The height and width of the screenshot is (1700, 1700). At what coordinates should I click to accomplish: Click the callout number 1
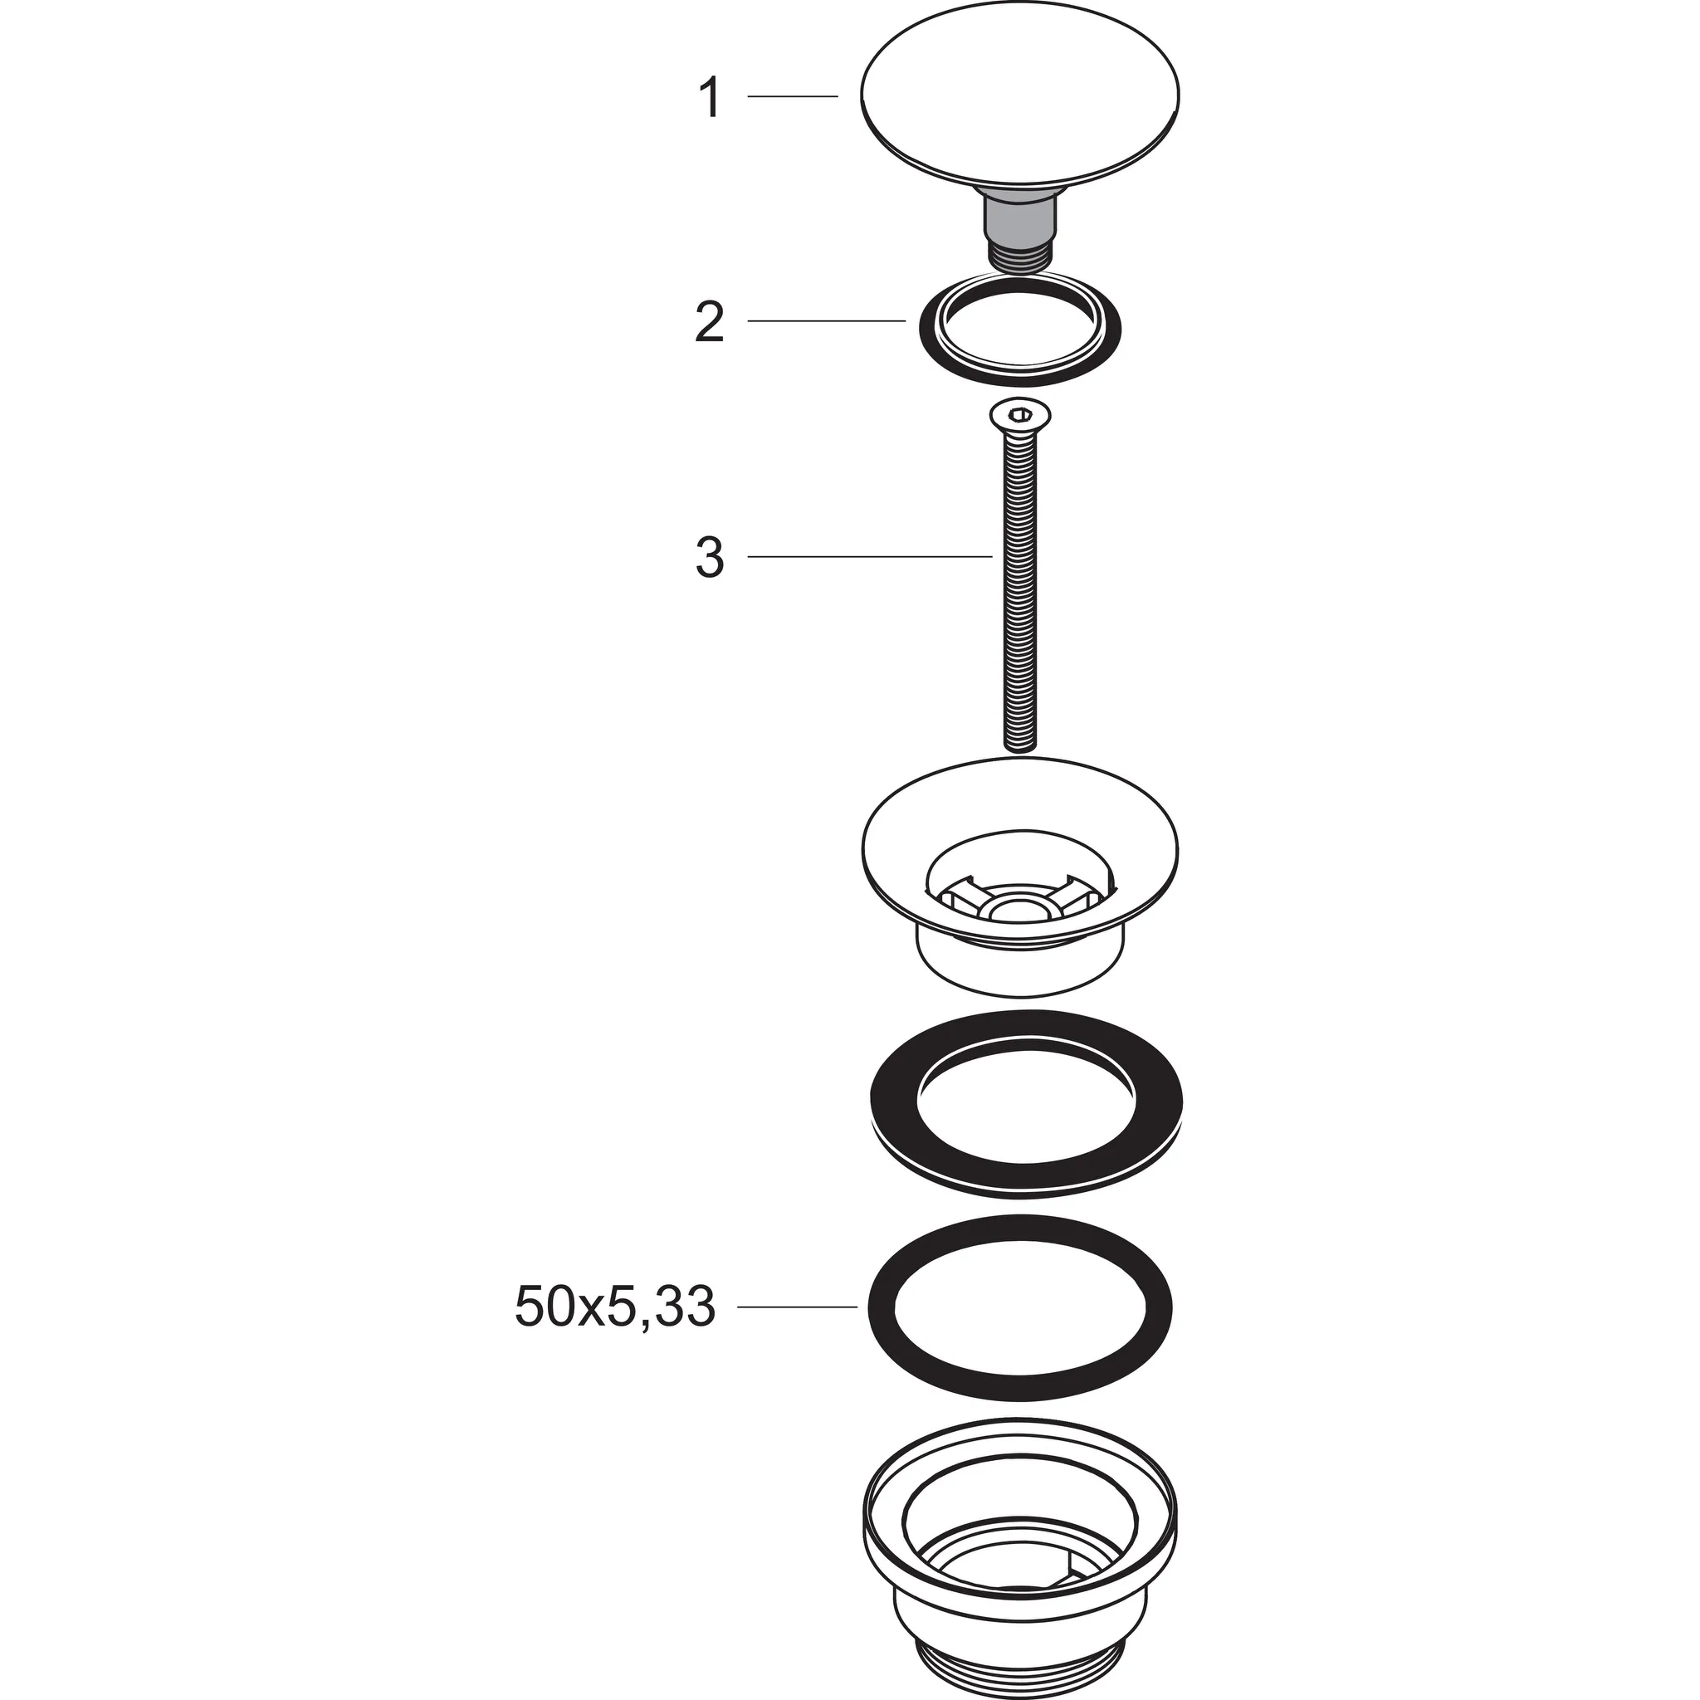point(709,98)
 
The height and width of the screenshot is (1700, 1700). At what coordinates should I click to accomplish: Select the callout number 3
point(709,557)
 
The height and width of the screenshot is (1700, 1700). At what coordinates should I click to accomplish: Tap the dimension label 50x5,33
point(614,1307)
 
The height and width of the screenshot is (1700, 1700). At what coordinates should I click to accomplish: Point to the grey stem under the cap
point(1020,219)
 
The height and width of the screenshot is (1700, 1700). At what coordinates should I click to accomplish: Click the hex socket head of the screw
point(1020,414)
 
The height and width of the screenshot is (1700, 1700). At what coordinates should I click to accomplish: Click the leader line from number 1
point(792,96)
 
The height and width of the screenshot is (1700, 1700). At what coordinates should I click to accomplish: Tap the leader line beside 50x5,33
point(796,1307)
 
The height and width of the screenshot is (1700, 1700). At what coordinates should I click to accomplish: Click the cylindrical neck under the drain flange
point(1020,972)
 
